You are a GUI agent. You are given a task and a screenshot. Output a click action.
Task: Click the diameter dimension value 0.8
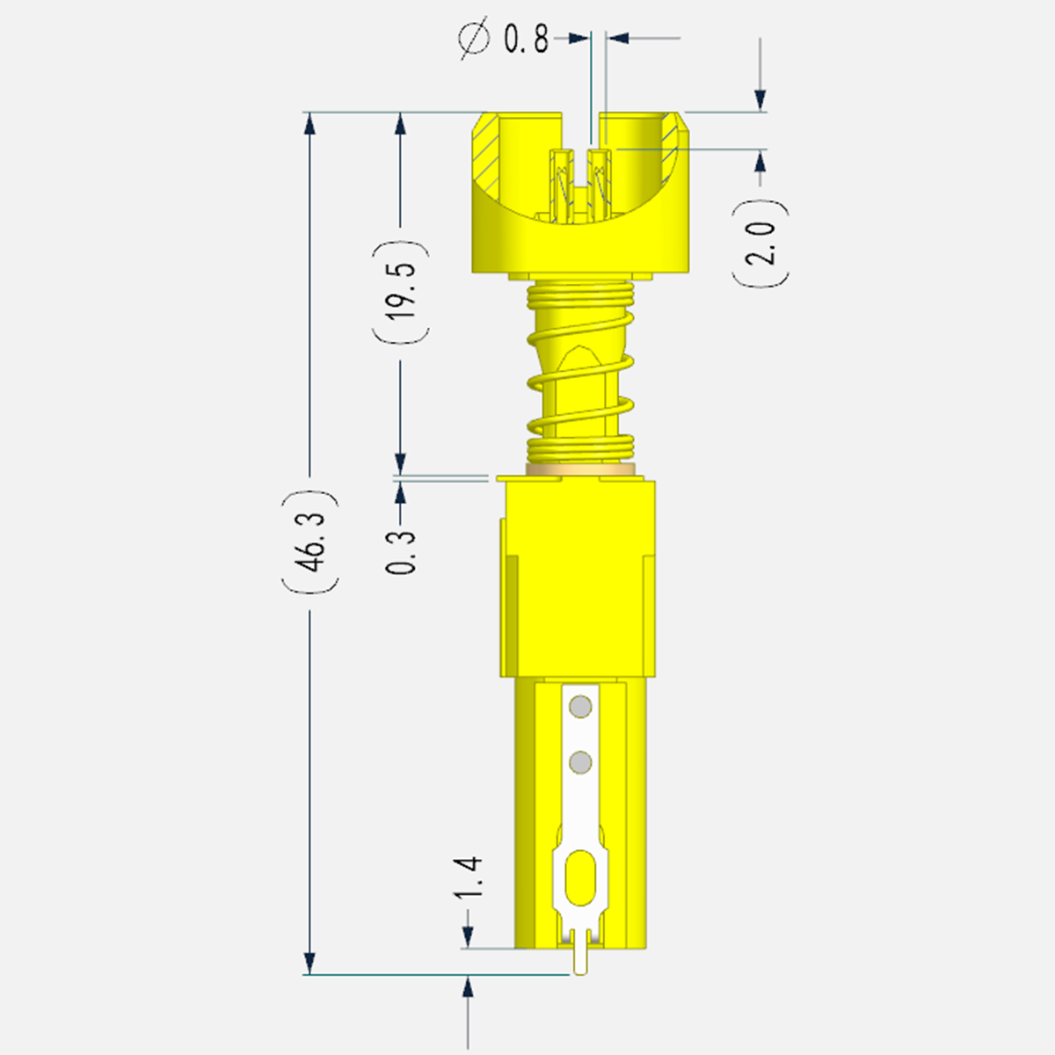[526, 40]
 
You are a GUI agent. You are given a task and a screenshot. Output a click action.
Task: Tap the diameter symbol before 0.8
[474, 39]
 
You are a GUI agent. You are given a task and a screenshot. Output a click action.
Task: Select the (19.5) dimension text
[401, 293]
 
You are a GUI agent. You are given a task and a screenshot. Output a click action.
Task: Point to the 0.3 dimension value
[401, 551]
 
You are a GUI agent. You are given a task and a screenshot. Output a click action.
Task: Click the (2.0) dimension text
[760, 243]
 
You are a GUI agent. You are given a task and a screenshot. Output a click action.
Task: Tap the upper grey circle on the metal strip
[580, 706]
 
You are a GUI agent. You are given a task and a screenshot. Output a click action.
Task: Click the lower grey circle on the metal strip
[580, 762]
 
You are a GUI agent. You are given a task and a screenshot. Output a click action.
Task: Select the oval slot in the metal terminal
[580, 885]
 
